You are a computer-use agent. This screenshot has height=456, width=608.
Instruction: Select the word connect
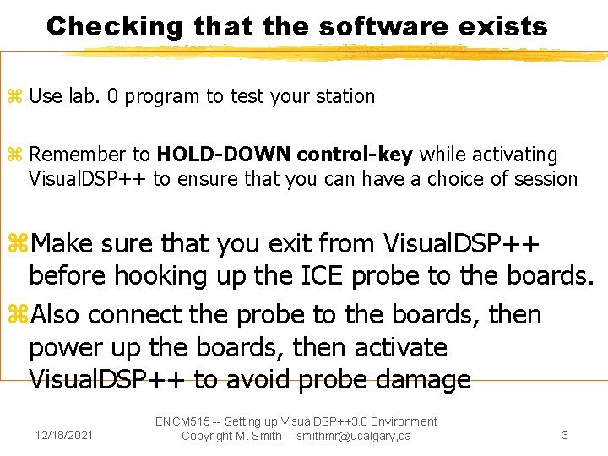coord(134,314)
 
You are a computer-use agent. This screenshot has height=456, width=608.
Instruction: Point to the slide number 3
coord(565,436)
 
